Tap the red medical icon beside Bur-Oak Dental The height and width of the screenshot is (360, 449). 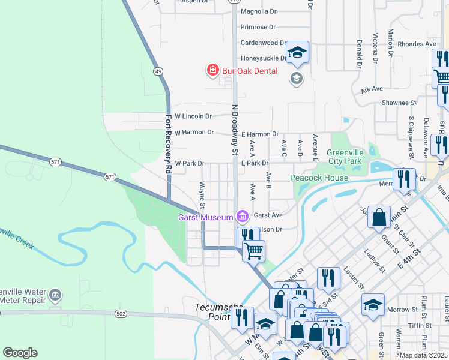212,71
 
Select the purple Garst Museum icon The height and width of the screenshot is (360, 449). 242,215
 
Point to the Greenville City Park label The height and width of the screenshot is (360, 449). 352,157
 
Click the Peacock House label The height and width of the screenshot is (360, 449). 319,178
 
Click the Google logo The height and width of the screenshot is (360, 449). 20,353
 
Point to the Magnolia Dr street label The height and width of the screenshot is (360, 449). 258,11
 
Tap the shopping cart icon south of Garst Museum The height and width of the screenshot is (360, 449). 253,251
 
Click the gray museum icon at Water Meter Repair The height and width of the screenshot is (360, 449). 55,295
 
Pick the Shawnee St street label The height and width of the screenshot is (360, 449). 403,103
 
